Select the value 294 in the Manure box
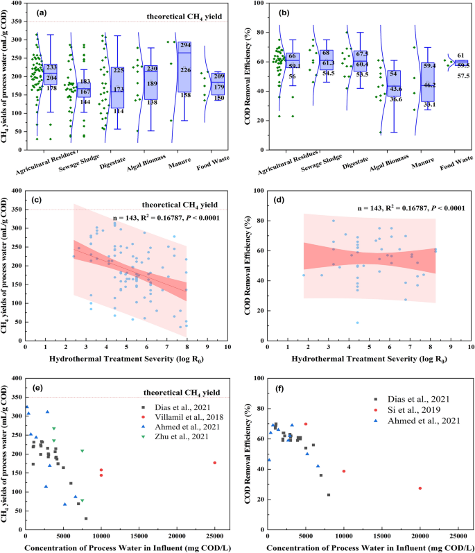(x=186, y=45)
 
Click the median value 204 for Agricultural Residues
(x=51, y=78)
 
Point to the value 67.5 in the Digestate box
(x=361, y=54)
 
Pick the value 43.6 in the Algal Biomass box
(x=394, y=89)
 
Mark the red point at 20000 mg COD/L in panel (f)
(x=420, y=488)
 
